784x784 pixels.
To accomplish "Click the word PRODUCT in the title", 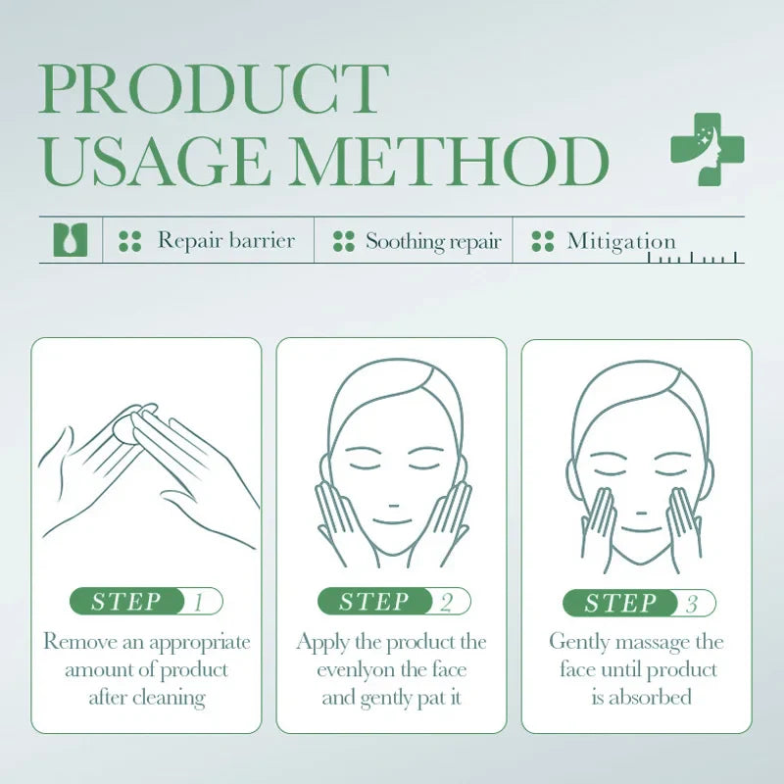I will tap(214, 90).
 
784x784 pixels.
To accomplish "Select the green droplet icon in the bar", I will tap(70, 240).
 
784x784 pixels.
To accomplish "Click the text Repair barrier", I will tap(225, 241).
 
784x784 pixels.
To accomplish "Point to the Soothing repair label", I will tap(433, 241).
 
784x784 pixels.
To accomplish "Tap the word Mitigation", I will tap(621, 241).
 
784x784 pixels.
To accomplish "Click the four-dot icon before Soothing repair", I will tap(343, 241).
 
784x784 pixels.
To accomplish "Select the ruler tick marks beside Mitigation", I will tap(696, 258).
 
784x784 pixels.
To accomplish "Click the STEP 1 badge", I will tap(146, 602).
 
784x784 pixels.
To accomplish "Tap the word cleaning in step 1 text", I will tap(168, 698).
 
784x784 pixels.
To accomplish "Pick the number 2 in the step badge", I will tap(447, 603).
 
